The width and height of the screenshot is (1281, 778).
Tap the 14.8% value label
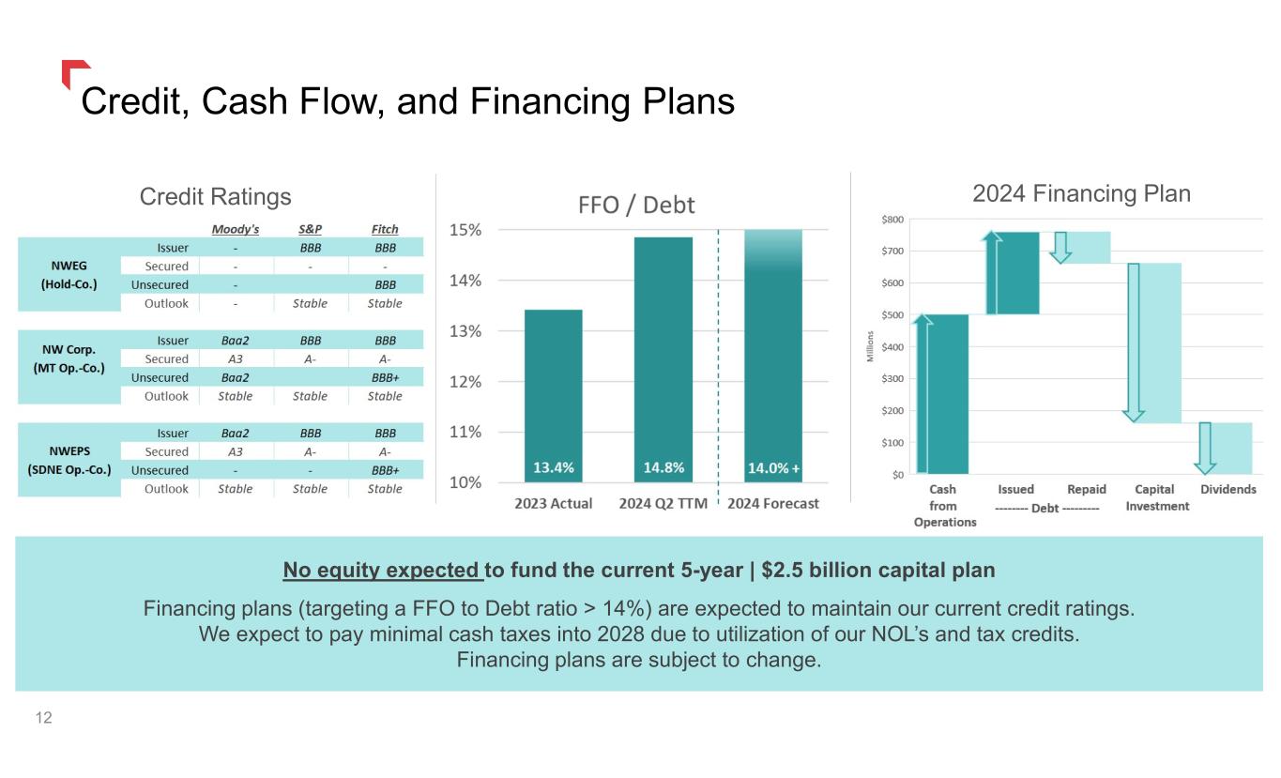pos(663,467)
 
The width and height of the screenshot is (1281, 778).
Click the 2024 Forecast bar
pos(772,357)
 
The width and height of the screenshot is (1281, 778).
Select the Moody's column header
pos(235,229)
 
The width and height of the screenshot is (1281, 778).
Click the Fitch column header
pos(384,229)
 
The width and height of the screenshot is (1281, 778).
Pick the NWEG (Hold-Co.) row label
pos(69,275)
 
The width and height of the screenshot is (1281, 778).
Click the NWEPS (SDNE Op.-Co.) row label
pos(69,460)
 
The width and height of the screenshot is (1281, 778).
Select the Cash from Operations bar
pos(940,394)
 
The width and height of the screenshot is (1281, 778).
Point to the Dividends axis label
pos(1228,490)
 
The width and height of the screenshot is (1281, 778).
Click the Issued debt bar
pos(1013,272)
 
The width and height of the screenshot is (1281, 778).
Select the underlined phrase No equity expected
pos(382,571)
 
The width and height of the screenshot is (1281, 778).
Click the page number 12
pos(43,718)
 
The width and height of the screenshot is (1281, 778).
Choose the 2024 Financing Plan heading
pos(1080,194)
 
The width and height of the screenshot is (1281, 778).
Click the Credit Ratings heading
pos(215,196)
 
